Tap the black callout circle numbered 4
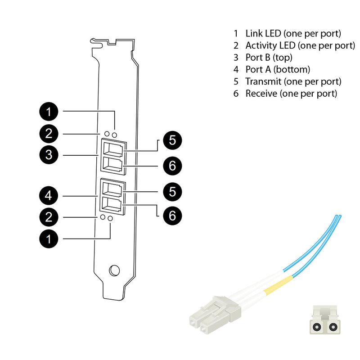(49, 196)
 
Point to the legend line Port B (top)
(269, 57)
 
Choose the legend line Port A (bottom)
(278, 69)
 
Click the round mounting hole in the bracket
(114, 270)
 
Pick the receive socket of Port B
(112, 164)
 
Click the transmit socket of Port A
(112, 188)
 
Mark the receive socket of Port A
(112, 205)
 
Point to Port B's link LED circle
(115, 135)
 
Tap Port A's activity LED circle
(103, 217)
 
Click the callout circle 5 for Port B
(172, 140)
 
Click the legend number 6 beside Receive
(235, 94)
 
